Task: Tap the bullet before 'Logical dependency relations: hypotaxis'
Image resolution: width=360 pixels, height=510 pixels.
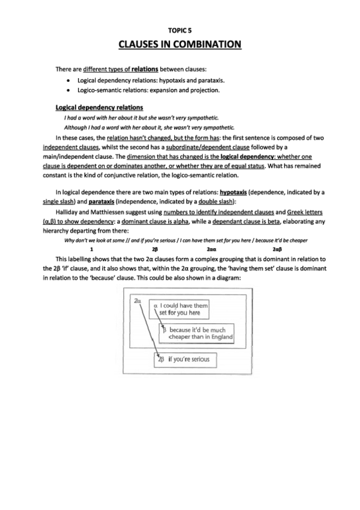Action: [x=72, y=80]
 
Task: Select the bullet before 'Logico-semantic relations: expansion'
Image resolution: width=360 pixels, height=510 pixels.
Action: [x=72, y=90]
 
